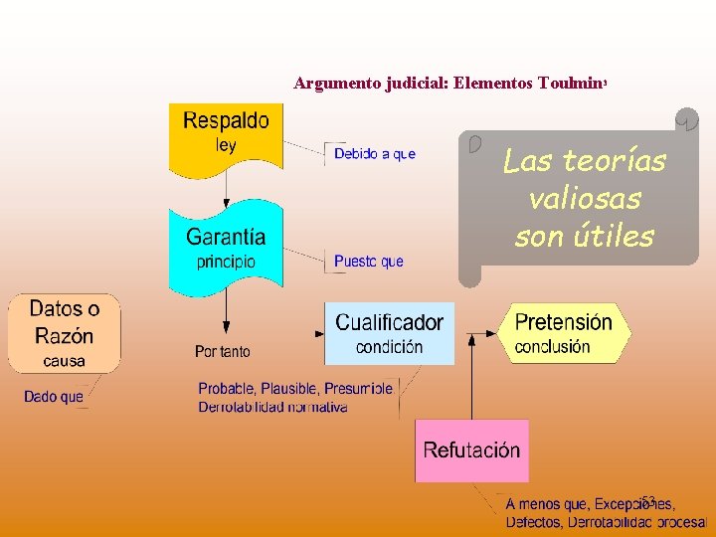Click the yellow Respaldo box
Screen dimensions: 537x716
click(x=226, y=134)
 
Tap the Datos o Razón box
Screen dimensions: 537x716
click(x=65, y=332)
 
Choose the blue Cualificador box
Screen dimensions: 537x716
click(x=389, y=333)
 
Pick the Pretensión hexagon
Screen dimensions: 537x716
click(x=564, y=333)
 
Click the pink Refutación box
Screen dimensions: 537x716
click(x=471, y=450)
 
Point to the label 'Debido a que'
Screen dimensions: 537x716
click(x=374, y=154)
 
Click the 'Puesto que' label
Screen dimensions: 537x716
click(x=369, y=262)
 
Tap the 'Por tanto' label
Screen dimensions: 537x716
click(x=223, y=351)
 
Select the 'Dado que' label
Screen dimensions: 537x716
click(x=54, y=397)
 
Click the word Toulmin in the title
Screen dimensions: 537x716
click(x=568, y=85)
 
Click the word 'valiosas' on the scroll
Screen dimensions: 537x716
click(x=585, y=198)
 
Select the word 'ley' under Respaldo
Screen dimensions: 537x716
click(x=226, y=145)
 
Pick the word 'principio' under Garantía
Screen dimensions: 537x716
click(x=226, y=263)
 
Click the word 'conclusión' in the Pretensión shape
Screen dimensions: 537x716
click(x=552, y=347)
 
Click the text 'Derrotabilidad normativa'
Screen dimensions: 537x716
click(x=272, y=407)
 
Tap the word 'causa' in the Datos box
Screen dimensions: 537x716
click(x=65, y=360)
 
